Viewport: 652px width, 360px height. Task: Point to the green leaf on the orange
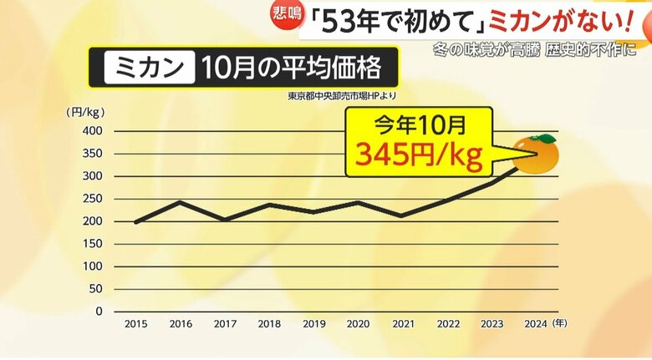click(544, 138)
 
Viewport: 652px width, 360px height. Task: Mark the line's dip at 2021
click(401, 215)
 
